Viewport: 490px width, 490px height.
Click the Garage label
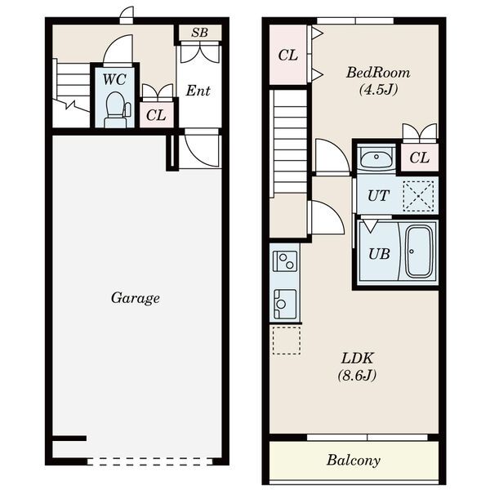[136, 298]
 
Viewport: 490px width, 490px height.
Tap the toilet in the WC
[117, 109]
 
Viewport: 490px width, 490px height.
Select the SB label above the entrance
[199, 33]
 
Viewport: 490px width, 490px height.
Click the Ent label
[198, 91]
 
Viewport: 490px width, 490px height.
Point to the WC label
[114, 79]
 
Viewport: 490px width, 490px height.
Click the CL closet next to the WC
[157, 115]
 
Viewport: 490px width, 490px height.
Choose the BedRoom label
[378, 73]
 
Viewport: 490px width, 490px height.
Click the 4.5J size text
[378, 90]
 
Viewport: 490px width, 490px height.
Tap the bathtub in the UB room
[418, 252]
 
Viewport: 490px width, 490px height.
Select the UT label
[378, 196]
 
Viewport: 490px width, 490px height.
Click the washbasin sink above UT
[376, 157]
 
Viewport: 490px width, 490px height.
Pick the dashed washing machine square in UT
[418, 196]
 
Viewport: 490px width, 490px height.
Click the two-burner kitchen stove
[285, 261]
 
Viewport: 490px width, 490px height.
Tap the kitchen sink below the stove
[285, 304]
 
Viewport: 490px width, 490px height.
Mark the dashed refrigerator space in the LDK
[287, 341]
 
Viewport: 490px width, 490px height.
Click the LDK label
[357, 359]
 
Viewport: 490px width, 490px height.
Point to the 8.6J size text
[357, 375]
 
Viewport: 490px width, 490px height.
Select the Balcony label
[354, 460]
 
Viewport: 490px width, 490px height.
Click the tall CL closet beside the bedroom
[287, 55]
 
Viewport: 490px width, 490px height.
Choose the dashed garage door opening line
[149, 461]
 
